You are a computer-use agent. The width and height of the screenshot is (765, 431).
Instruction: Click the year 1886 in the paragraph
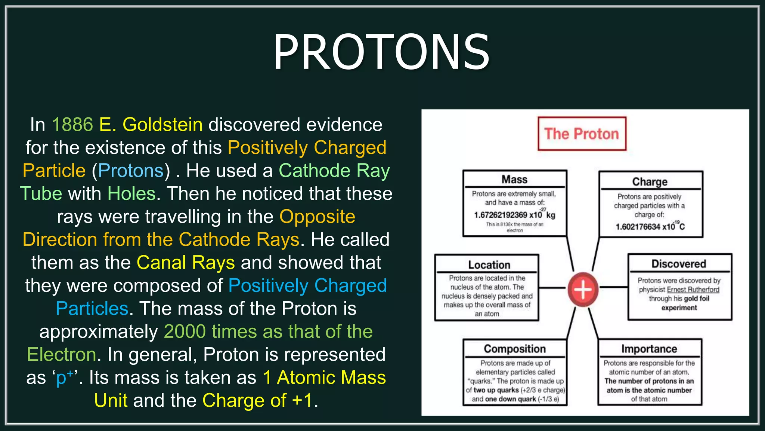(x=72, y=125)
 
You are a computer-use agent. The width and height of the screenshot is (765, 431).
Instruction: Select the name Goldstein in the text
(x=162, y=125)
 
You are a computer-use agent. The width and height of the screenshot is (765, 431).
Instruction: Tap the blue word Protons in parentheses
(x=131, y=171)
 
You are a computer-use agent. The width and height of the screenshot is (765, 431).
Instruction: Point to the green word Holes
(x=131, y=194)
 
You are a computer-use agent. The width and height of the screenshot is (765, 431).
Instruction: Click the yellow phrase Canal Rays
(x=186, y=263)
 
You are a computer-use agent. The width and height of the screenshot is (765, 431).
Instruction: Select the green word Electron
(x=62, y=354)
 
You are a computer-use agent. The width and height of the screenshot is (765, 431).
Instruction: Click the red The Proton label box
(x=582, y=134)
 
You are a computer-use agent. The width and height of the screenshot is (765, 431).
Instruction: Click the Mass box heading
(x=514, y=180)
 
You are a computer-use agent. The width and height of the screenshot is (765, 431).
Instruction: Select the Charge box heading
(x=650, y=181)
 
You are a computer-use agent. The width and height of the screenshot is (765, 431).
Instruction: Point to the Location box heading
(x=489, y=265)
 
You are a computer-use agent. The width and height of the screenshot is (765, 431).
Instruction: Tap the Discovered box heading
(x=679, y=264)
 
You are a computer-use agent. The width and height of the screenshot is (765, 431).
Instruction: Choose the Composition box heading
(x=515, y=349)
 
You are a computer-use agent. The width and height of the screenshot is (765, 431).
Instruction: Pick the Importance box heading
(x=649, y=349)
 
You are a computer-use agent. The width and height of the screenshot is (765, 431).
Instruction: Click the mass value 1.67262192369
(x=501, y=215)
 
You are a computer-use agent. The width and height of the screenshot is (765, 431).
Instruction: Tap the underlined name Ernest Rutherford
(x=693, y=290)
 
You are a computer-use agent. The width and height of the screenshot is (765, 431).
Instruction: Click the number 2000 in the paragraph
(x=185, y=331)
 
